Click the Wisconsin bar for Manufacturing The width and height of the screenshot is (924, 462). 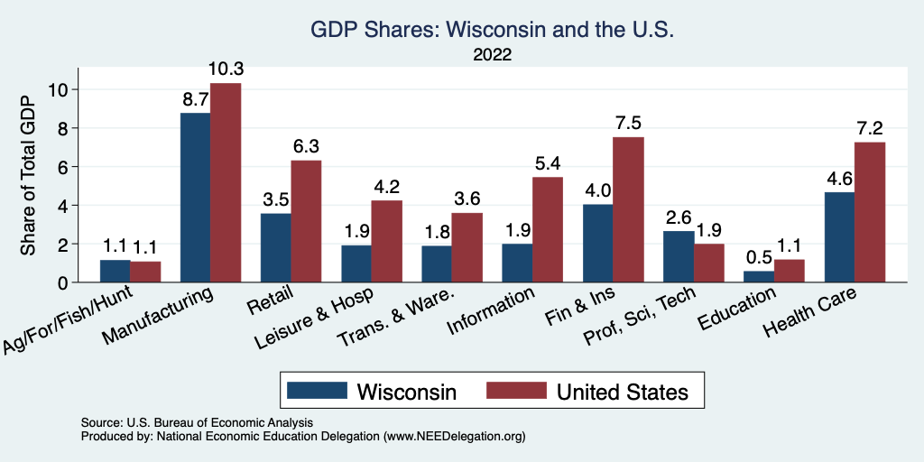195,198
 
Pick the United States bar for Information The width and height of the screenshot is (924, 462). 547,230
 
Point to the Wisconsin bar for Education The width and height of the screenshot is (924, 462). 759,277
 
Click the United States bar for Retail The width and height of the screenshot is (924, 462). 306,221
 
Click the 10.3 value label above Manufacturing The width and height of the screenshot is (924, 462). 225,69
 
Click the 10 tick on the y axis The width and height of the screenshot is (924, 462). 60,89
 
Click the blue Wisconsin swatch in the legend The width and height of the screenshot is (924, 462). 317,391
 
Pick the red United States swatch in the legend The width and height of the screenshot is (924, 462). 516,391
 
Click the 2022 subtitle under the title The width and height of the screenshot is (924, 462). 492,54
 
